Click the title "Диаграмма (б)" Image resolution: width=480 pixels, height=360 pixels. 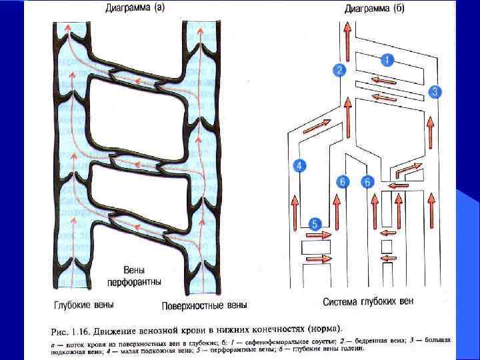[x=374, y=9]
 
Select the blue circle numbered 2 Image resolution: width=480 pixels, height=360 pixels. [x=340, y=70]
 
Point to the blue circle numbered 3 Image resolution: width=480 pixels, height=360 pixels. [x=435, y=92]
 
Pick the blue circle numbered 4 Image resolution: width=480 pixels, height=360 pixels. [x=300, y=166]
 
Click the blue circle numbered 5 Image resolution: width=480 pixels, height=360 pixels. [x=315, y=224]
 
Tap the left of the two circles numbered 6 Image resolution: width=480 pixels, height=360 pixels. [x=343, y=181]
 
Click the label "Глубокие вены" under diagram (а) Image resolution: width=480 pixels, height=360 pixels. [x=83, y=305]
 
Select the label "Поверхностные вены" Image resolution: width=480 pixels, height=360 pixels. [x=204, y=306]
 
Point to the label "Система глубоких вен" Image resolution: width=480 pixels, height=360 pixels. [x=368, y=302]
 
